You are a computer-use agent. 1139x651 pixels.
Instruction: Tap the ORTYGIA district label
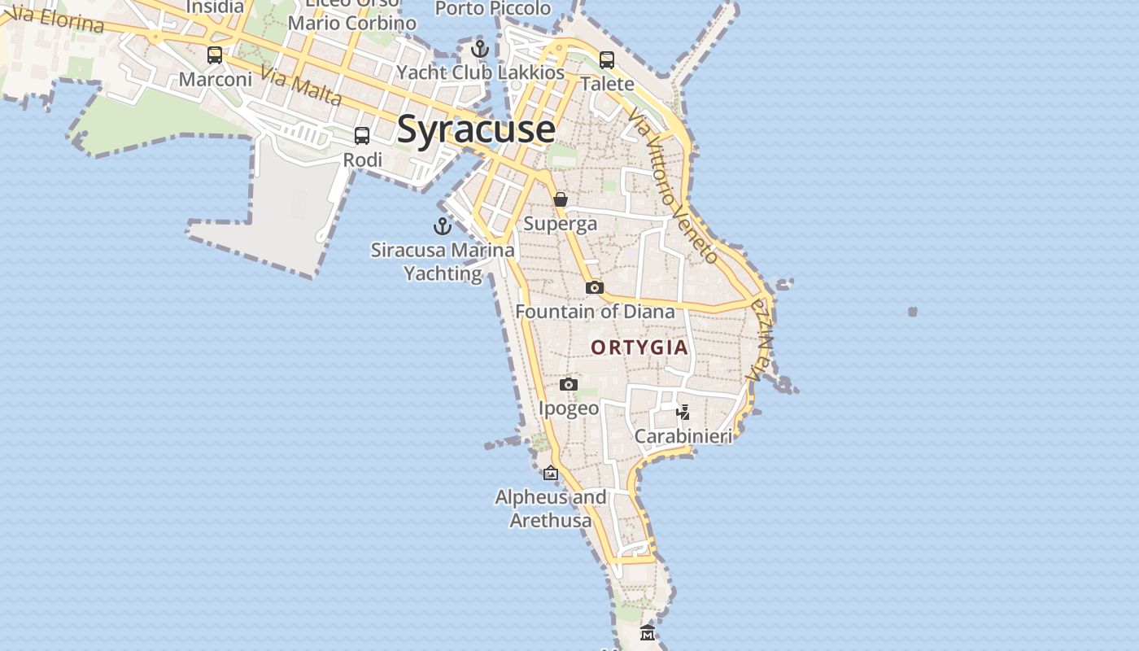639,347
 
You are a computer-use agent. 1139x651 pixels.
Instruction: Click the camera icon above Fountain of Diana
595,287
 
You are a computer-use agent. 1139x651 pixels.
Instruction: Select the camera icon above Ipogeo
569,384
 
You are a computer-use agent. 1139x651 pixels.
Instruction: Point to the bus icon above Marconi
215,55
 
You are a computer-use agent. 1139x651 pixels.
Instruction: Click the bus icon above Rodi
362,136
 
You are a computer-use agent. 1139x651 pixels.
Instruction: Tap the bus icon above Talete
607,59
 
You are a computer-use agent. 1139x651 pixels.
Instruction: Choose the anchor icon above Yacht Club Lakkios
480,49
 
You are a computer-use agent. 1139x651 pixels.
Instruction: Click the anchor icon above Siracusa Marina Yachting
443,226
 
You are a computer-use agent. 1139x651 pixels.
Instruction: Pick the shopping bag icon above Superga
561,199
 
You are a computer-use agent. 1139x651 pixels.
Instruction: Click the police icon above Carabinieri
683,412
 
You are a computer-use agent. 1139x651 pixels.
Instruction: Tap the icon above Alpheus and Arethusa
551,473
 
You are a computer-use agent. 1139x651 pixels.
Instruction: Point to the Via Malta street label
301,86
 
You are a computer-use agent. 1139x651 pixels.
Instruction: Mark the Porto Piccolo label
493,8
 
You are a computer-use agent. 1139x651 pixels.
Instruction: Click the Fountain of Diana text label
595,312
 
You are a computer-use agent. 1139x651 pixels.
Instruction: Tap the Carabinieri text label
683,436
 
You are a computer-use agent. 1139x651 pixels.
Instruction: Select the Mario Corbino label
352,23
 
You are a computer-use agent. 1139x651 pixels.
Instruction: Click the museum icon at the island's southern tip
647,632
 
